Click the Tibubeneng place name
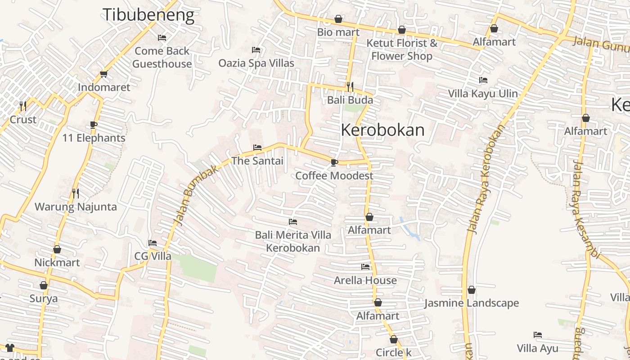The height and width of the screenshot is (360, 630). (x=148, y=14)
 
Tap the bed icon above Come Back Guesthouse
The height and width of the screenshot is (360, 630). (x=162, y=38)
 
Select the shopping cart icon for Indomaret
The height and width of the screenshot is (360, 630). (x=104, y=74)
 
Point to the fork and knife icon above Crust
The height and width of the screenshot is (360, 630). (x=23, y=106)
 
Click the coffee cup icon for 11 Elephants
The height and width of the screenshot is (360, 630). (x=94, y=125)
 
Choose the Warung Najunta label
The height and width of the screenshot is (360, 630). (x=76, y=207)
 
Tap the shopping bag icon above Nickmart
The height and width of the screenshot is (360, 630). (x=57, y=249)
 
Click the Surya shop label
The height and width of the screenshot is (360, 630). (x=44, y=298)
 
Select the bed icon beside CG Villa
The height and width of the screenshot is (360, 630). (x=153, y=243)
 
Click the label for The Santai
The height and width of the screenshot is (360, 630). (x=257, y=161)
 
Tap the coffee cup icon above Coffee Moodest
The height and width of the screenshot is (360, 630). (x=334, y=162)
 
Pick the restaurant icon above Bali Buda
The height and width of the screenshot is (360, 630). (x=350, y=86)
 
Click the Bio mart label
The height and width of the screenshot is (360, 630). (x=338, y=32)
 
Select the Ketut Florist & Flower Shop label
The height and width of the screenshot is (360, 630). (x=401, y=49)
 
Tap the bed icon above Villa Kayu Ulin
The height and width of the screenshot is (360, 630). (x=483, y=80)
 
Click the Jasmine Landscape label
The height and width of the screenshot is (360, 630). (x=472, y=303)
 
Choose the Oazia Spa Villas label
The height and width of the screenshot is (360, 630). (x=256, y=63)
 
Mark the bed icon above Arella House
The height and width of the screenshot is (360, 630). (x=365, y=267)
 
